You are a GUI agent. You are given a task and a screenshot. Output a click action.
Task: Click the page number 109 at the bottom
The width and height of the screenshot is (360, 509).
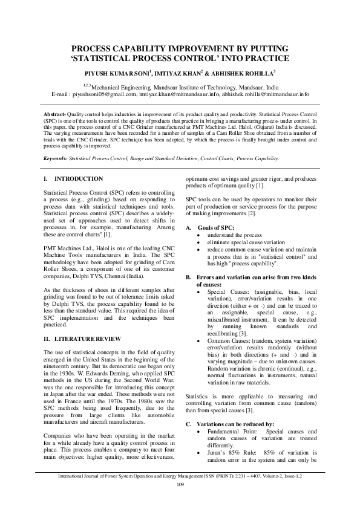tap(180, 502)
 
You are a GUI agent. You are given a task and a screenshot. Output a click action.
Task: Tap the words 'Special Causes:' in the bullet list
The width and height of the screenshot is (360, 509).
tap(225, 290)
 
